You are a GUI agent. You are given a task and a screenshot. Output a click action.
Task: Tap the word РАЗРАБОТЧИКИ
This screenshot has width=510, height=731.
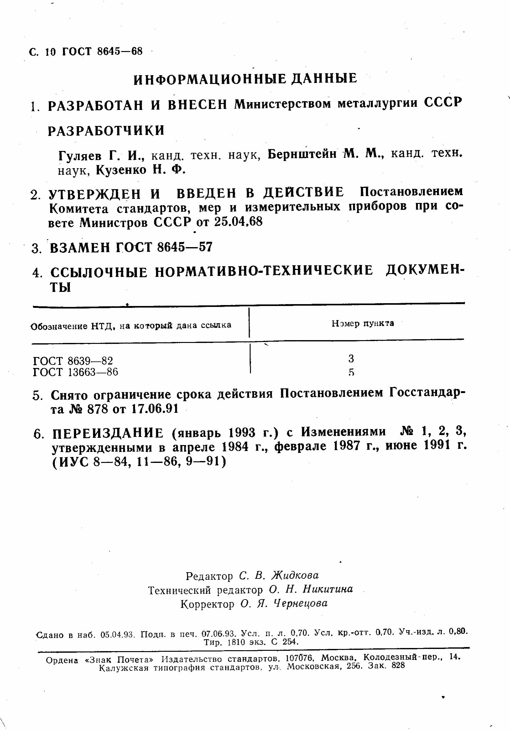point(106,131)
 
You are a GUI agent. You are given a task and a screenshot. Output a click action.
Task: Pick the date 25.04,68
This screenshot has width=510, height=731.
point(239,222)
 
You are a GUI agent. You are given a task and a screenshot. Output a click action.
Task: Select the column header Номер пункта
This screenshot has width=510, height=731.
point(363,324)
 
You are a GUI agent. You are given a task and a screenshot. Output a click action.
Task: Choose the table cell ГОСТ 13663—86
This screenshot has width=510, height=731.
point(75,372)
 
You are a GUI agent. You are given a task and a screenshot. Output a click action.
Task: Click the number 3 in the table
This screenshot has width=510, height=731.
point(351,359)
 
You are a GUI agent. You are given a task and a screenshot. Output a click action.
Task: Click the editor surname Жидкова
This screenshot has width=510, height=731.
point(295,575)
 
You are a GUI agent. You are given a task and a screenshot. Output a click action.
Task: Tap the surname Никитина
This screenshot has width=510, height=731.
point(327,590)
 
